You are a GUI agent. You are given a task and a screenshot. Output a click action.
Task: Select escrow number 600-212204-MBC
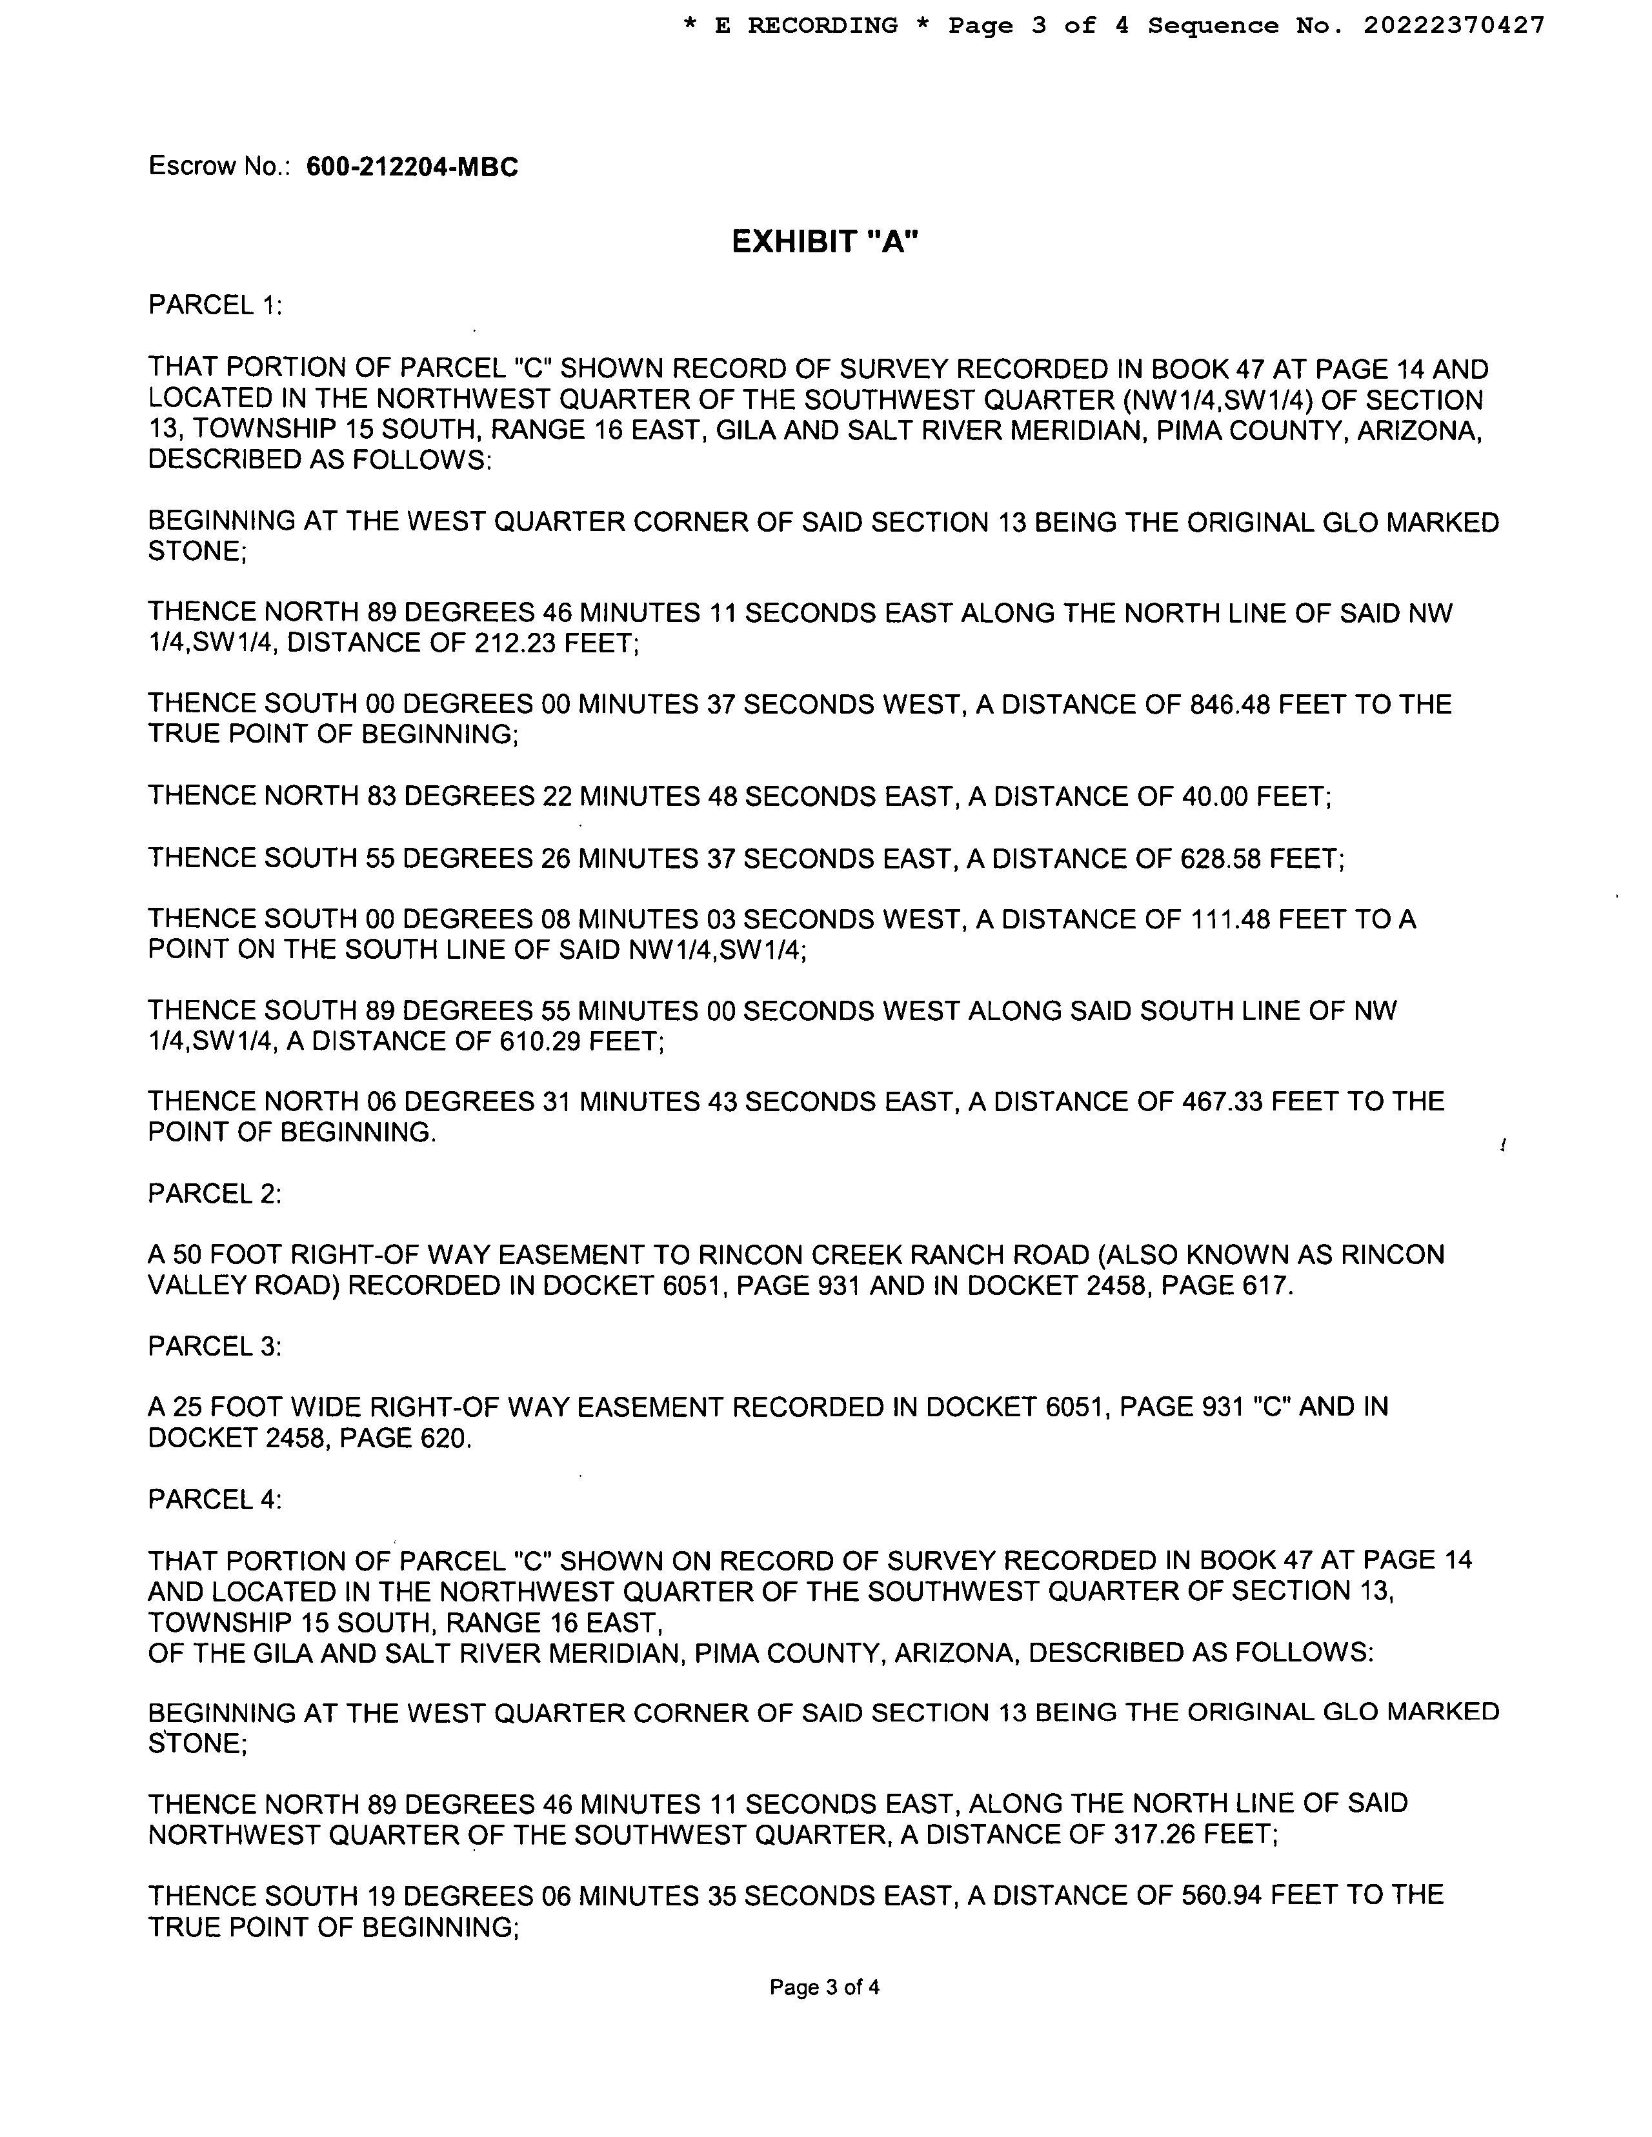coord(412,167)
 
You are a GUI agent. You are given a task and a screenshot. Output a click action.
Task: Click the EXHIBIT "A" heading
coord(825,242)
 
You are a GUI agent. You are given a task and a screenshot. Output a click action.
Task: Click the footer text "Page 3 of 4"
coord(824,1987)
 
